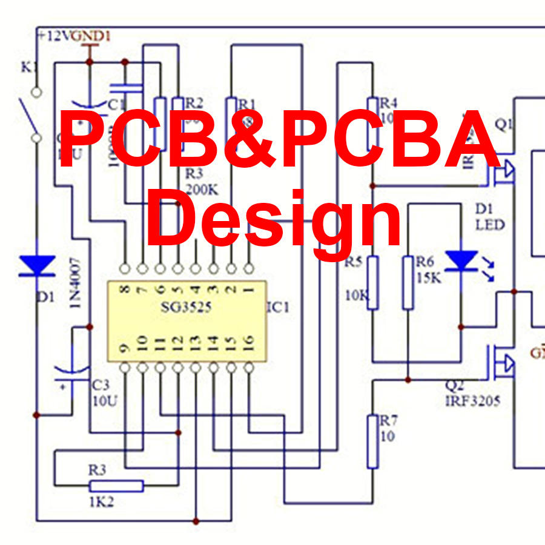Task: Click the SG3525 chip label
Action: click(186, 307)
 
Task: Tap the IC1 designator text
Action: click(278, 308)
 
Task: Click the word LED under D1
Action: click(489, 225)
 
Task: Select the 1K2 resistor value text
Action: click(100, 502)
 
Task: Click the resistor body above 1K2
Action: click(116, 486)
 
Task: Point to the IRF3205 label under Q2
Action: click(473, 400)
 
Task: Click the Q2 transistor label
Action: click(455, 385)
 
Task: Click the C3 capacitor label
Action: click(101, 385)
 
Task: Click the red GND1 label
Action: click(91, 36)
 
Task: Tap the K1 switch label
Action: click(30, 68)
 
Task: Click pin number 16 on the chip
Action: click(248, 346)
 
